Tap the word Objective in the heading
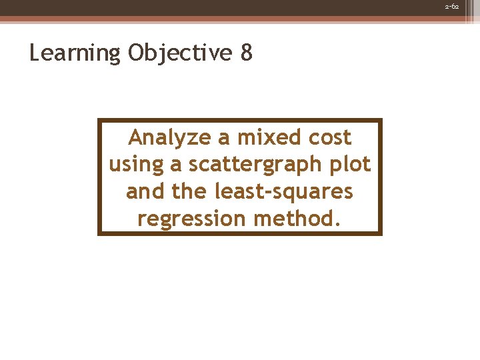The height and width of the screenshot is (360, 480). point(178,53)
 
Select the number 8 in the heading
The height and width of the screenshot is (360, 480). point(246,53)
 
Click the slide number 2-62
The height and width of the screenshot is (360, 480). point(451,6)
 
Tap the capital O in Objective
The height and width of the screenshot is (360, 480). point(136,52)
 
